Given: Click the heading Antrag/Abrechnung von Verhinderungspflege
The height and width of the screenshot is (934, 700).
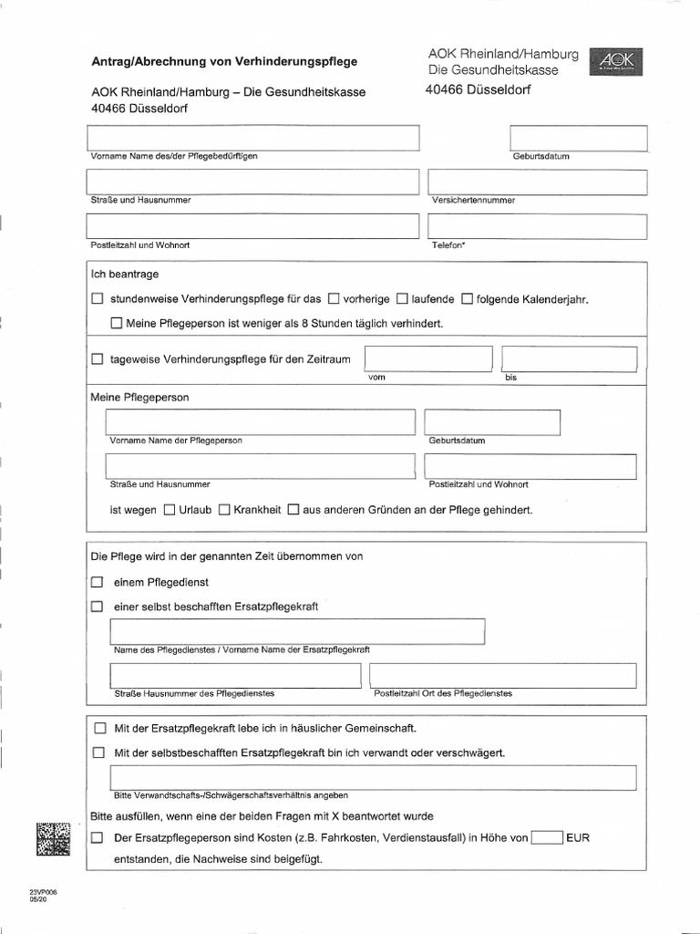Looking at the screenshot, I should tap(224, 62).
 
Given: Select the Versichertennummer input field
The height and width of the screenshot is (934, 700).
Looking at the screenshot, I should tap(536, 182).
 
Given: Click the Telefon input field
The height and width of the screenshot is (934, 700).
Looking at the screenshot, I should tap(536, 226).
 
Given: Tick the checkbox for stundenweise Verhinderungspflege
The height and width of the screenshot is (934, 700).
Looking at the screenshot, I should tap(98, 299).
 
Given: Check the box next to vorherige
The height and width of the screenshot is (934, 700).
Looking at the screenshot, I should tap(334, 299).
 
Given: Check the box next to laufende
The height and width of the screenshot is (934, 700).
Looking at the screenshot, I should tap(402, 299).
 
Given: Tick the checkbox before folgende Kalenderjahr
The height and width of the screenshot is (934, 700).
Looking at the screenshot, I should tap(467, 299).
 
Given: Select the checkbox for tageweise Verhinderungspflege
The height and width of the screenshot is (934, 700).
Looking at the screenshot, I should tap(98, 360).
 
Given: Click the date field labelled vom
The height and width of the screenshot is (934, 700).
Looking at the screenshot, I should tap(428, 359).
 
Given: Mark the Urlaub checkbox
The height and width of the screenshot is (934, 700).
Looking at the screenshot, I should tap(169, 511).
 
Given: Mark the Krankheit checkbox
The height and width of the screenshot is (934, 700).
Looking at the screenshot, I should tap(223, 511).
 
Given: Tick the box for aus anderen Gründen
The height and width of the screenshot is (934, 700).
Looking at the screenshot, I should tap(293, 511).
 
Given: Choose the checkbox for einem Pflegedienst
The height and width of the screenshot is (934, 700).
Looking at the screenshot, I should tap(98, 582).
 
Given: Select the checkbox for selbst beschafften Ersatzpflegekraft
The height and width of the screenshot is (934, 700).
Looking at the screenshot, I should tap(98, 607).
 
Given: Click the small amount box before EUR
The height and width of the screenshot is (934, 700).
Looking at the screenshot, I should tap(547, 837).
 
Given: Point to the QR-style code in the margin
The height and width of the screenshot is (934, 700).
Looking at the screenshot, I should tap(53, 838).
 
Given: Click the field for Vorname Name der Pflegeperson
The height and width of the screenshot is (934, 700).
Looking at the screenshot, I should tap(260, 422).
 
